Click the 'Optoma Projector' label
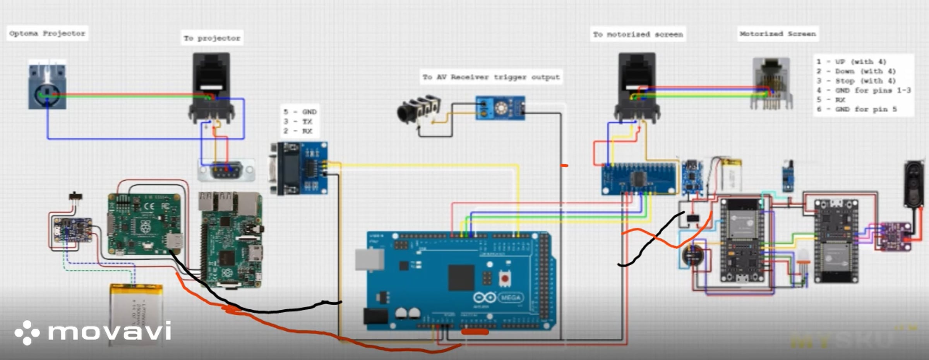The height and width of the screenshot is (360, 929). tap(47, 33)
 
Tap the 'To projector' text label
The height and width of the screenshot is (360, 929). tap(212, 38)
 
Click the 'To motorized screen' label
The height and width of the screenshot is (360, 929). tap(638, 34)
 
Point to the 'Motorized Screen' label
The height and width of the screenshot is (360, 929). tap(778, 34)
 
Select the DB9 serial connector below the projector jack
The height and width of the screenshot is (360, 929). tap(226, 170)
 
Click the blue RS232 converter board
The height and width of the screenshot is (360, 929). tap(300, 168)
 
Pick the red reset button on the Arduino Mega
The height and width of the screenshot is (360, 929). tap(505, 278)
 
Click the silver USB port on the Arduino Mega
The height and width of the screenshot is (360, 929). tap(370, 259)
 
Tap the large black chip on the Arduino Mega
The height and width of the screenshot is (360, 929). tap(461, 277)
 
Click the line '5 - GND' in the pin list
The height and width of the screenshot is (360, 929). tap(300, 112)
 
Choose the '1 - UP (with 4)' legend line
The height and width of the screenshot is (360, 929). tap(852, 62)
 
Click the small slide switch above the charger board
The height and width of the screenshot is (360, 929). tap(75, 196)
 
